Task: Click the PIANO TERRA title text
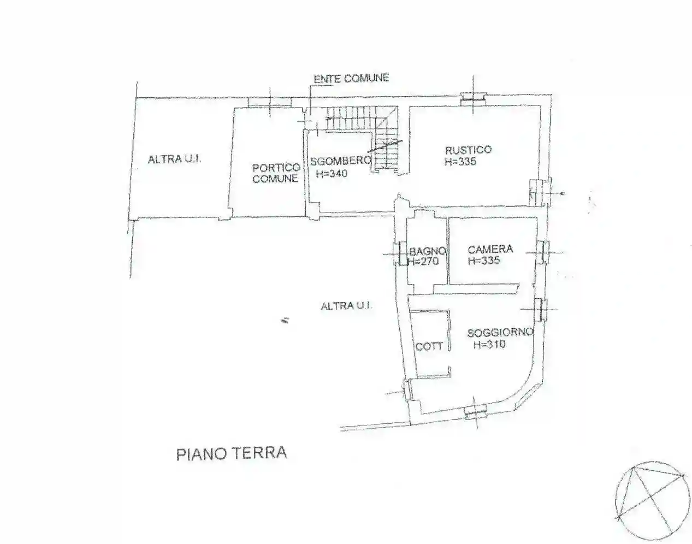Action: [x=232, y=453]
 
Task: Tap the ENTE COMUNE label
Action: [x=351, y=79]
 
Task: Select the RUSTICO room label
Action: [x=468, y=150]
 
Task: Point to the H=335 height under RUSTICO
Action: [x=460, y=162]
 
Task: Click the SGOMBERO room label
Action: [x=340, y=161]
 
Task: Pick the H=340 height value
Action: [x=332, y=174]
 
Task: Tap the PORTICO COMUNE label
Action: [x=276, y=173]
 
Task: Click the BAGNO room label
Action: [x=428, y=251]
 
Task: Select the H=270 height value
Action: [x=423, y=262]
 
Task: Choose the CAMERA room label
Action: [x=490, y=249]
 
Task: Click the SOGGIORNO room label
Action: [x=500, y=333]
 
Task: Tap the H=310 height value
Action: [x=489, y=345]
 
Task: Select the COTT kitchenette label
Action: [x=429, y=346]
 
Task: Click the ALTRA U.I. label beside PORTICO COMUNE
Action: [x=175, y=159]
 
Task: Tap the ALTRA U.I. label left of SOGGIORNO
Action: [x=346, y=306]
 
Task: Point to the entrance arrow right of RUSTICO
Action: [x=558, y=193]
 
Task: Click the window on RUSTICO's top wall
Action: [x=472, y=98]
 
